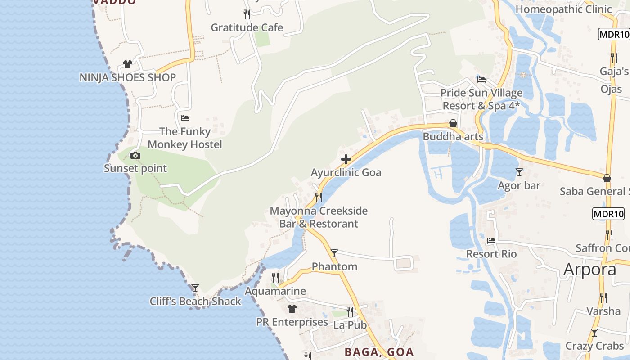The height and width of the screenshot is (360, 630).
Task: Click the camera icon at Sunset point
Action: pos(135,156)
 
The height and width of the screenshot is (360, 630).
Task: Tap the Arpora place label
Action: pos(589,269)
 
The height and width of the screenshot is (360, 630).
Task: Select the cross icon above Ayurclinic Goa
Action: pos(346,159)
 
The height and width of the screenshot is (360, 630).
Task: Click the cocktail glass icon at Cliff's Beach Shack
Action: pos(195,288)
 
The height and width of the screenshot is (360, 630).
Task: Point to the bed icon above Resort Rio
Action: pos(491,241)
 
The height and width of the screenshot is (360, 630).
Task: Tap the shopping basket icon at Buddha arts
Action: pos(453,124)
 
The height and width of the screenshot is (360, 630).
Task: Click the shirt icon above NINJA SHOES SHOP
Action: pos(128,64)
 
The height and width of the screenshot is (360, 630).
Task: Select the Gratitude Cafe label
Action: pos(247,27)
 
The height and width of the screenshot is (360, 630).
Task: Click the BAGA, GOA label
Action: pos(379,352)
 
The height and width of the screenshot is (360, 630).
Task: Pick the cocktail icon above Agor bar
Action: pos(519,172)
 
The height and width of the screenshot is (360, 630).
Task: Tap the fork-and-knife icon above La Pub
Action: pos(350,311)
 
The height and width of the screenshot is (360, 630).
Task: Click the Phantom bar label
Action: pos(334,266)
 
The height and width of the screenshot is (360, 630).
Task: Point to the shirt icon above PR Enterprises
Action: pos(292,309)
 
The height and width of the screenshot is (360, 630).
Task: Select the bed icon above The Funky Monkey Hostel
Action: pos(184,118)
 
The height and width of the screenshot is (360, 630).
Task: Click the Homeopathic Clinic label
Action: pos(563,9)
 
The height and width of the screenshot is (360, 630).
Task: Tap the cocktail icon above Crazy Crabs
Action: pos(594,333)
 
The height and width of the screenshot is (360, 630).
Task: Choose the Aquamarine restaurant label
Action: pos(275,291)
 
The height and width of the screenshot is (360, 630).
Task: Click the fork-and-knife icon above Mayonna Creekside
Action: pos(318,197)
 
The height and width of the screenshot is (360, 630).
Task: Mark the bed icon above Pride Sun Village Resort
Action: pos(481,80)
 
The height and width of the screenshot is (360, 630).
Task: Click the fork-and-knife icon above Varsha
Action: pos(603,297)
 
